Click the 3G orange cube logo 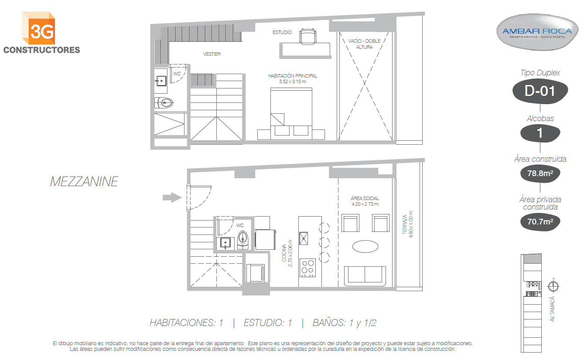coord(38,28)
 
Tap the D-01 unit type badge coord(540,91)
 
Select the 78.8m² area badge coord(540,173)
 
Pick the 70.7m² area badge coord(540,222)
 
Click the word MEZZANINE coord(84,182)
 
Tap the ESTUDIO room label coord(282,32)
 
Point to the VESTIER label coord(212,54)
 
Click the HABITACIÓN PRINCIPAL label coord(293,76)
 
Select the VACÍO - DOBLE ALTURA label coord(365,44)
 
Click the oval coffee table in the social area coord(365,246)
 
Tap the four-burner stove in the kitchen coord(307,268)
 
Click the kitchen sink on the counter coord(304,238)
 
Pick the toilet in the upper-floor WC coord(164,102)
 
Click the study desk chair coord(308,37)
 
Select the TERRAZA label coord(405,224)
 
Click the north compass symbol coord(553,286)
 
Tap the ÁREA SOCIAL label coord(365,198)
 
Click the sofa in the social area coord(365,275)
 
